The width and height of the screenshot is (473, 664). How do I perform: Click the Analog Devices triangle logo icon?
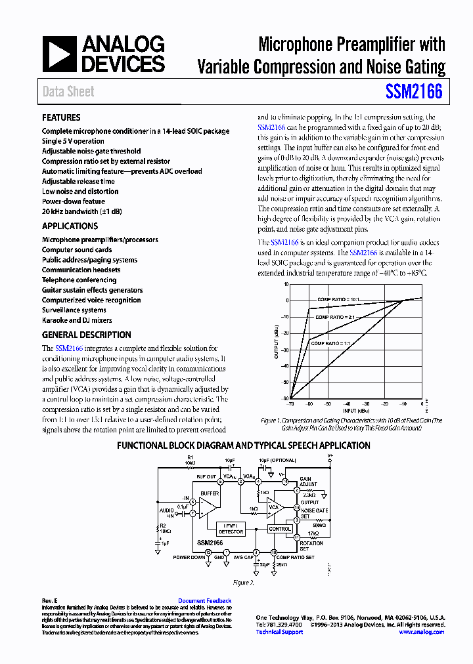tap(59, 54)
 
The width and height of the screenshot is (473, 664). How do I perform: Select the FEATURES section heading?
tap(61, 117)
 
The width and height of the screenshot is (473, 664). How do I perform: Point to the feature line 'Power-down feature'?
tap(73, 201)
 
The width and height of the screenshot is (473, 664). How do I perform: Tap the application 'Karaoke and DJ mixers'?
tap(77, 320)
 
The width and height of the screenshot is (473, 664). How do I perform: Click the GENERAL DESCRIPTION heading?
tap(86, 334)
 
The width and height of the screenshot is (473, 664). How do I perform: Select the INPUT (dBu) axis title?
tap(355, 411)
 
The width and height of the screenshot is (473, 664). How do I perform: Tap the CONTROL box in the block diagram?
tap(280, 529)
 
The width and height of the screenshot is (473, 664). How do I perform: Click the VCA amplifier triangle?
tap(273, 507)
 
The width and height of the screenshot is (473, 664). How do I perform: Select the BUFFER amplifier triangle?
tap(209, 506)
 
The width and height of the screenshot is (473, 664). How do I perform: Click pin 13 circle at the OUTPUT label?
tap(297, 508)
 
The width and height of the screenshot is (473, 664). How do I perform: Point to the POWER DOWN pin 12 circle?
tap(208, 552)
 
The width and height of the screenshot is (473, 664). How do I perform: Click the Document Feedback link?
tap(204, 600)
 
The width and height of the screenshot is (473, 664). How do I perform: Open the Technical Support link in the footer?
tap(279, 632)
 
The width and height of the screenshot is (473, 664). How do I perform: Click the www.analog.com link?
tap(421, 632)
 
